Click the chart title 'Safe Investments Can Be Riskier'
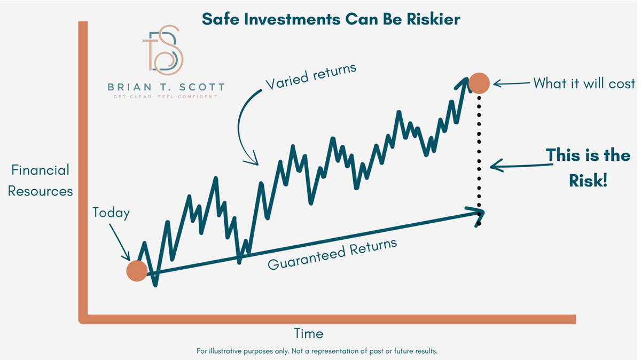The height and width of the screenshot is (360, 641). pos(331,19)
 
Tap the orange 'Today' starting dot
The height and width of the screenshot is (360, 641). pos(137,271)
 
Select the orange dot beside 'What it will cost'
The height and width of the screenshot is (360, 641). pos(479,83)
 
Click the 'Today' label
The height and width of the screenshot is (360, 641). pos(111,213)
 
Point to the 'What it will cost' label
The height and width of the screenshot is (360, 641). pos(584,83)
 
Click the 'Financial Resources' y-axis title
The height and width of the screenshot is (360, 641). pos(41,181)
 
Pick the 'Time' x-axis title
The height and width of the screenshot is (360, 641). pos(309,334)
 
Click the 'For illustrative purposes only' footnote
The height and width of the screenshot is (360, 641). pos(317,351)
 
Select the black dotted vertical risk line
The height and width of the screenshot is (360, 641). pos(479,155)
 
